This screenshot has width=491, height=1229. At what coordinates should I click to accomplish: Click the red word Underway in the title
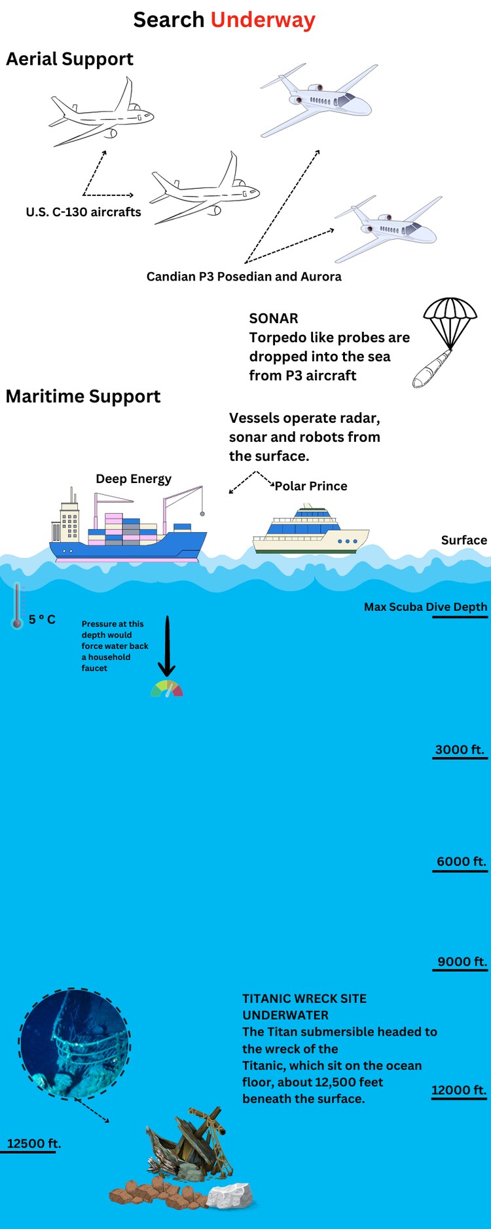263,20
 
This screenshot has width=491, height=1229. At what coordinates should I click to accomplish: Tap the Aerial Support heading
69,59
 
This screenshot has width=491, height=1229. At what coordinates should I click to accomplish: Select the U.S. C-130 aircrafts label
83,212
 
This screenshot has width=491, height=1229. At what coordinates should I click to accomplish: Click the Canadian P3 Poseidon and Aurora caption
244,277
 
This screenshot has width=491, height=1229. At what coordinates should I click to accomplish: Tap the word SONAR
274,319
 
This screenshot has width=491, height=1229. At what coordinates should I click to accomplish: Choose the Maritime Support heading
83,397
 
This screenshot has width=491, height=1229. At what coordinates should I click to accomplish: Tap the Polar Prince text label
311,486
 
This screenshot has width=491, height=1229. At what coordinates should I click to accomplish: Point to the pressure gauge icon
167,689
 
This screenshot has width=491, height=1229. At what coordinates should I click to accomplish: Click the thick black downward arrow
167,646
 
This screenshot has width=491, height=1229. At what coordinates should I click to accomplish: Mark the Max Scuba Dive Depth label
426,607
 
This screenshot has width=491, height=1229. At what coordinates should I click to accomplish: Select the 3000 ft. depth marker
460,750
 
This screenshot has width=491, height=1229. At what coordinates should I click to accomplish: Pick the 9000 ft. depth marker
462,962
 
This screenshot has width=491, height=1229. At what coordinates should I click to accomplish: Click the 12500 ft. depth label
33,1143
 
